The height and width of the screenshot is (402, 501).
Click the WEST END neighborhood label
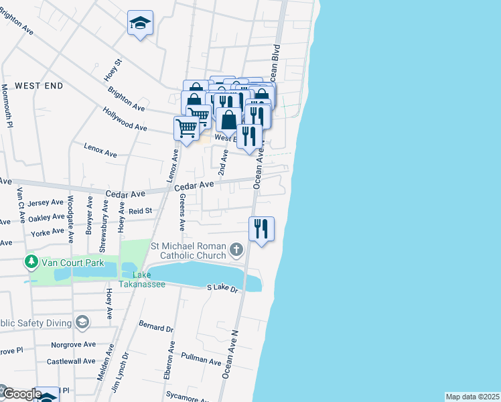click(x=39, y=86)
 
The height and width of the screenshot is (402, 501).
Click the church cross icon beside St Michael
click(x=235, y=251)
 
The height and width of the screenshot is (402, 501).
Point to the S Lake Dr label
click(x=222, y=288)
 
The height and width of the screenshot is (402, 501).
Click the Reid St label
click(x=141, y=210)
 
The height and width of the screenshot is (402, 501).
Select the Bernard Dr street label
click(x=156, y=328)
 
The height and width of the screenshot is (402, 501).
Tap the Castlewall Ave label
click(x=71, y=361)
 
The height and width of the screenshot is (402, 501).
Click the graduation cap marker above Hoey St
click(x=141, y=23)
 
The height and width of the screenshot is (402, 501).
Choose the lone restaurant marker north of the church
click(x=261, y=228)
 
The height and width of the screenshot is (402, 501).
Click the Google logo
click(x=21, y=395)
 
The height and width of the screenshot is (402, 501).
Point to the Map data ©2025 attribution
click(x=472, y=397)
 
